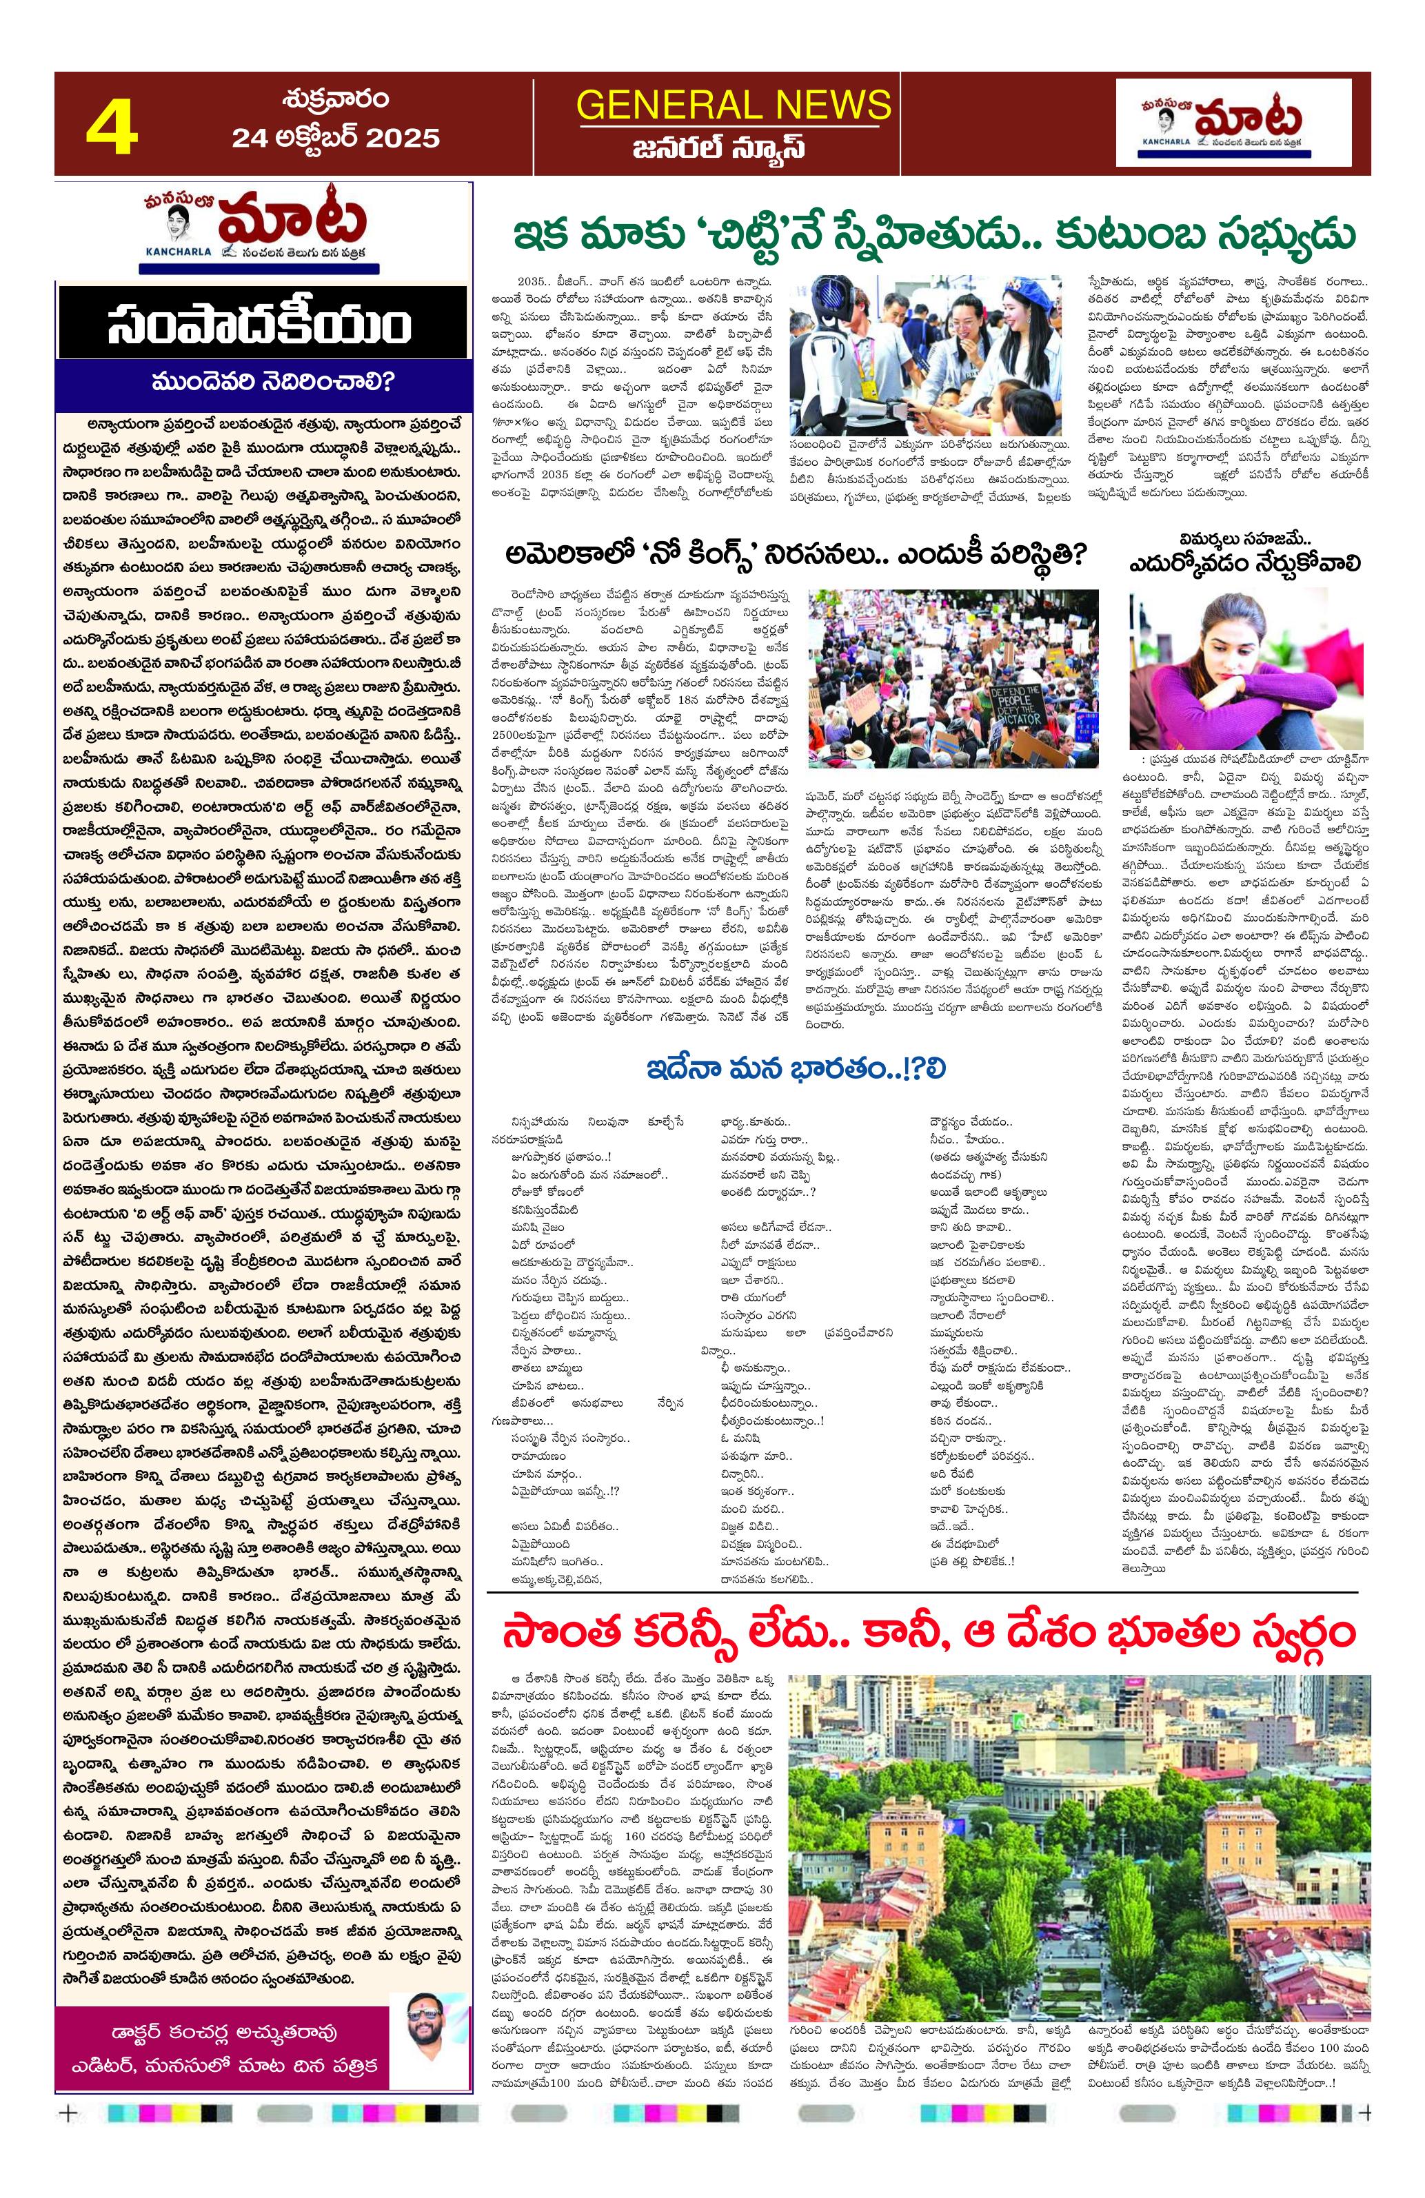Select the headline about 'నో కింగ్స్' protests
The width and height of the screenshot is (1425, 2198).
click(x=796, y=554)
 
